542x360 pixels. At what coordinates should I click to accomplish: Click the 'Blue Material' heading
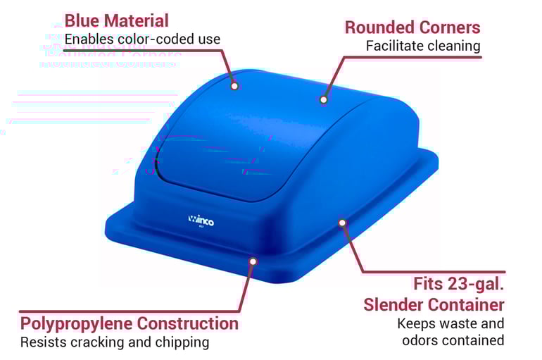pos(117,20)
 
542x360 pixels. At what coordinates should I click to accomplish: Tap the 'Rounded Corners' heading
pos(412,27)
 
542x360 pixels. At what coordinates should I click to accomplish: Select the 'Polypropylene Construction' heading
pos(130,323)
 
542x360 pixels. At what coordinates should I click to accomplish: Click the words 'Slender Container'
pos(434,304)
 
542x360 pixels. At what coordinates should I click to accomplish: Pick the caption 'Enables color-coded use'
pos(142,39)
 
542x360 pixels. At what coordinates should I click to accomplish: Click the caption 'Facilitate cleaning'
pos(423,46)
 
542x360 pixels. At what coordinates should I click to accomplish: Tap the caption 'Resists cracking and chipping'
pos(115,342)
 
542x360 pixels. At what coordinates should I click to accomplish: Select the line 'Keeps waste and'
pos(450,323)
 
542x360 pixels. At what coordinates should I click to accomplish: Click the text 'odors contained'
pos(453,340)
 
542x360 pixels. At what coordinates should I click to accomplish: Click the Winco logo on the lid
pos(201,220)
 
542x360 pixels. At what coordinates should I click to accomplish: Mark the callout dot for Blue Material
pos(235,85)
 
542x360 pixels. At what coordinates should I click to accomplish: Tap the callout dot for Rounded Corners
pos(324,99)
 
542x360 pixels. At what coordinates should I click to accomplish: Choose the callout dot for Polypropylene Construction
pos(253,261)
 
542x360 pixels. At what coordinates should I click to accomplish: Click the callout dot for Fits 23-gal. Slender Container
pos(342,223)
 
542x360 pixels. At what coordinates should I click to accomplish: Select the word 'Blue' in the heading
pos(82,20)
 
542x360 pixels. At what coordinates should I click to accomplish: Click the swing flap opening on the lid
pos(211,159)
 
